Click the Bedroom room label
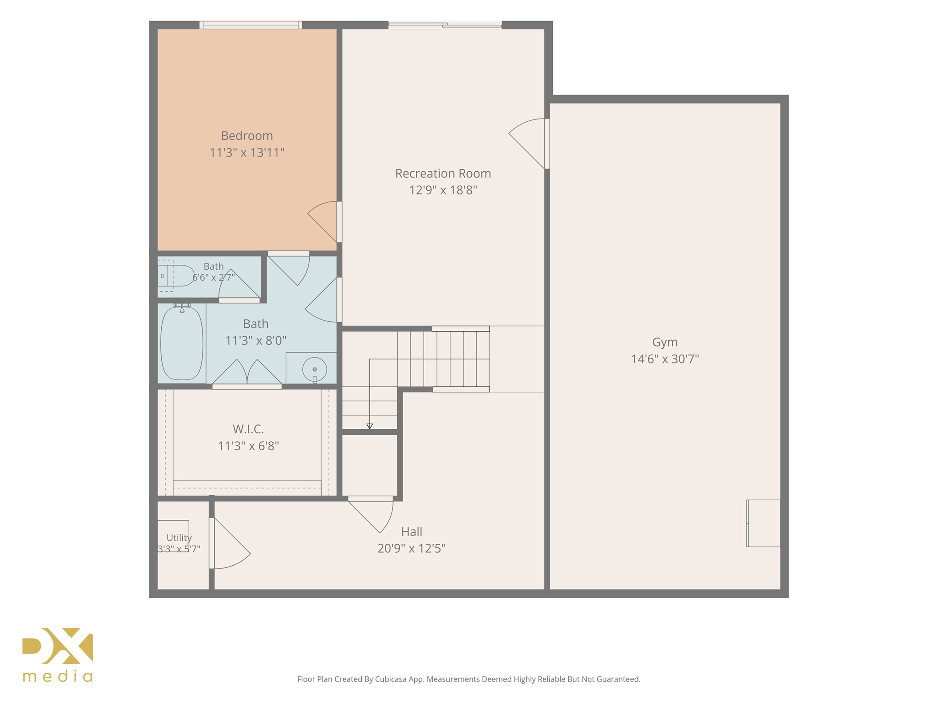tap(247, 135)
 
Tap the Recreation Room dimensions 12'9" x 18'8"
tap(443, 190)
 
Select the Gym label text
tap(665, 342)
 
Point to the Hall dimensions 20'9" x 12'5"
tap(411, 548)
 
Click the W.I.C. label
tap(248, 429)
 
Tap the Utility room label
tap(179, 538)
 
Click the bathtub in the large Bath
tap(182, 343)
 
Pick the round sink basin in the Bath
tap(315, 369)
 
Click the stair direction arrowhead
tap(370, 427)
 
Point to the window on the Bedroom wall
tap(251, 25)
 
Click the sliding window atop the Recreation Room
tap(445, 25)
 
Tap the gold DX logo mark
tap(58, 645)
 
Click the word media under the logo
tap(58, 676)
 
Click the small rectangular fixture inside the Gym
tap(763, 523)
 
